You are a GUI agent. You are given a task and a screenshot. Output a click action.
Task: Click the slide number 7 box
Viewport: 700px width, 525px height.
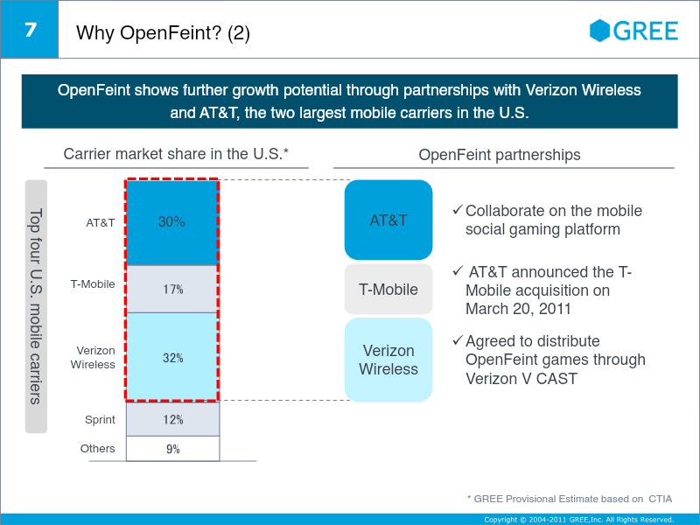click(30, 30)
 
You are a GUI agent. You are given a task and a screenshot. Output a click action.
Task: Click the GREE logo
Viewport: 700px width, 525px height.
click(634, 31)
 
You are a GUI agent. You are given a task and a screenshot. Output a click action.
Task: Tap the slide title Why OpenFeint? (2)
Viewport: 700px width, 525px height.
click(164, 34)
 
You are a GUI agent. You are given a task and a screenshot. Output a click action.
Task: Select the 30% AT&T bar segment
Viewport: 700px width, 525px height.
click(172, 222)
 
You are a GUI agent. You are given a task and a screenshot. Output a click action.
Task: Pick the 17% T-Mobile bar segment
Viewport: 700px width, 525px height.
click(172, 289)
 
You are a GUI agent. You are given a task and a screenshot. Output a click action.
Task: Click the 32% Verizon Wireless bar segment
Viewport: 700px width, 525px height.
click(172, 357)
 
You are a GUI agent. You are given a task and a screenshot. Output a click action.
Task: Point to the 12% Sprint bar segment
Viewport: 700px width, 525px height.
click(172, 419)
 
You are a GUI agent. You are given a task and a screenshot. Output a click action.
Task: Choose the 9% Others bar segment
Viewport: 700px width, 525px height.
click(172, 449)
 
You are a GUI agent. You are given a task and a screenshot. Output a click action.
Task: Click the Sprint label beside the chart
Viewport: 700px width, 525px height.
click(100, 420)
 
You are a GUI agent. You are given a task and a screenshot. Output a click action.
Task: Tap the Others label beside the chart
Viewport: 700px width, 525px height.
click(97, 449)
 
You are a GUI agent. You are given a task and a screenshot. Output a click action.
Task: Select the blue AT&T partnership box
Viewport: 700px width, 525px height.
click(388, 220)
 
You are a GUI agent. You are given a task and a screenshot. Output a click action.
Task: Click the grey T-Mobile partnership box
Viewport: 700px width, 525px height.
click(388, 290)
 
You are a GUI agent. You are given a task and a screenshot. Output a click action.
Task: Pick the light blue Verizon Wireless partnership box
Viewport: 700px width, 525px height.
click(388, 360)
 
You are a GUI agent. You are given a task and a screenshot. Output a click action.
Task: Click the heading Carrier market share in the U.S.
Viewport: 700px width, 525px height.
click(176, 154)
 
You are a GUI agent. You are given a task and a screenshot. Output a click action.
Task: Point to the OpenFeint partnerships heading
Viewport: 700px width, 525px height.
click(500, 155)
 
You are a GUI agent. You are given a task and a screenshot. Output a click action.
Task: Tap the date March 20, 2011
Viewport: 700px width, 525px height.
click(518, 308)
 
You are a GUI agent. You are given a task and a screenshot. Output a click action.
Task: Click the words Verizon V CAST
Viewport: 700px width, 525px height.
click(521, 378)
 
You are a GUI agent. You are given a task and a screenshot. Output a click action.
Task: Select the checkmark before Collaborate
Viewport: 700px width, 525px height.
click(457, 211)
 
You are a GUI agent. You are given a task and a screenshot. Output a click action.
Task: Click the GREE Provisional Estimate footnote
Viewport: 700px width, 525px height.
click(571, 498)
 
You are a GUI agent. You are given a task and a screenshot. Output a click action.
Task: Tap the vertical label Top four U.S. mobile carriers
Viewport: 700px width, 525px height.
click(36, 306)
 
